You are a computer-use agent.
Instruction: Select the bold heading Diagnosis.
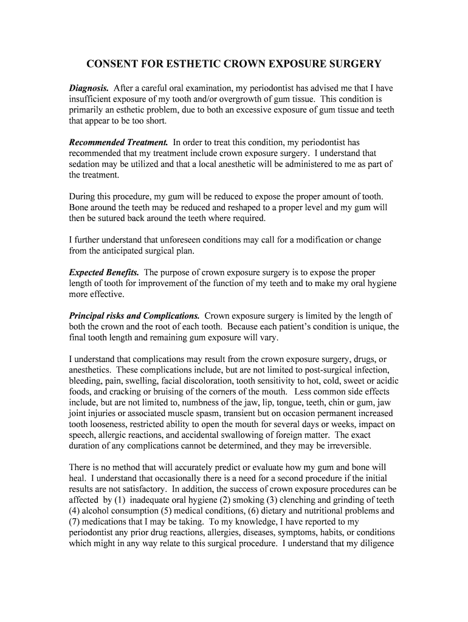point(89,88)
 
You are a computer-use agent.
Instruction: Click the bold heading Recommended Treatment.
point(119,142)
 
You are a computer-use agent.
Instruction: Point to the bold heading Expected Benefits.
point(104,272)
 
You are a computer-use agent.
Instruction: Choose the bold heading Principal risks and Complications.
point(134,316)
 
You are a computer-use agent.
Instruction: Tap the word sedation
point(86,164)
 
